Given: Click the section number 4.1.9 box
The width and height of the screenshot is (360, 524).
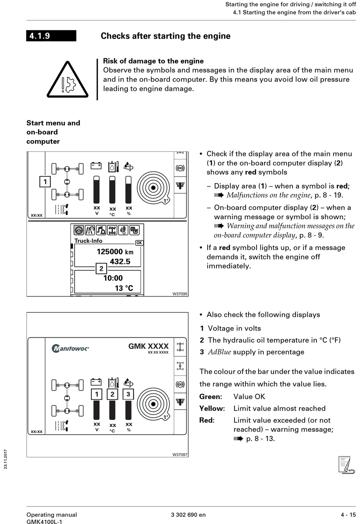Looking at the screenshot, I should pyautogui.click(x=51, y=36).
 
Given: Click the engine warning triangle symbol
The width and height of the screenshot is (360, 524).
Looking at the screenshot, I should pyautogui.click(x=67, y=81).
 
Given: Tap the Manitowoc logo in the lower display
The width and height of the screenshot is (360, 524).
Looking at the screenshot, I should pyautogui.click(x=70, y=348).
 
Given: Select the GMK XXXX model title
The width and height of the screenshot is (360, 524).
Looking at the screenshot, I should pyautogui.click(x=148, y=346).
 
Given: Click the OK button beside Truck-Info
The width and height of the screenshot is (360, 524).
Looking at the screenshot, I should pyautogui.click(x=139, y=243).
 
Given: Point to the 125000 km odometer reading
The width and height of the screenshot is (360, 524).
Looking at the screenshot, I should pyautogui.click(x=115, y=252).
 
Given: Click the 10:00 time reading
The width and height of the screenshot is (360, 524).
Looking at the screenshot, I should pyautogui.click(x=113, y=278).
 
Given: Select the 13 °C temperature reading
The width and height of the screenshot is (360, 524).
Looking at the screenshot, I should pyautogui.click(x=124, y=288).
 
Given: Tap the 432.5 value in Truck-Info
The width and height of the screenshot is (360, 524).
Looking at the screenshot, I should pyautogui.click(x=120, y=262).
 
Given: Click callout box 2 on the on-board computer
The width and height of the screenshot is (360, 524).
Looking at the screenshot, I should pyautogui.click(x=101, y=268).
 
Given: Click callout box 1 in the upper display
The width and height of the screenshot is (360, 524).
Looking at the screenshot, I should pyautogui.click(x=45, y=181).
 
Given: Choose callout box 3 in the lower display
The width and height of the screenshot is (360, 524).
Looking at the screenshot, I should pyautogui.click(x=128, y=394).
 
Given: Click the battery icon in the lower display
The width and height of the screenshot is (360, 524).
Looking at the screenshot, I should pyautogui.click(x=96, y=382).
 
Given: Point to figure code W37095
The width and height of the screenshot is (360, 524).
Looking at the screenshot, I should pyautogui.click(x=180, y=294).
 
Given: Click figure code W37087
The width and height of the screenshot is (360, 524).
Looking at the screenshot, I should pyautogui.click(x=180, y=454).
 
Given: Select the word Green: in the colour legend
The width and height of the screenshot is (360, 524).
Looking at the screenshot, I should pyautogui.click(x=211, y=397).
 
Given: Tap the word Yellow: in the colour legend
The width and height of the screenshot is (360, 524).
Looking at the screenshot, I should pyautogui.click(x=212, y=409).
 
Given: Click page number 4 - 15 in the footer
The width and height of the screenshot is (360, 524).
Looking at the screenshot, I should pyautogui.click(x=348, y=515).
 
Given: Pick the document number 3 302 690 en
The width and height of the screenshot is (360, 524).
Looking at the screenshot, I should pyautogui.click(x=188, y=515).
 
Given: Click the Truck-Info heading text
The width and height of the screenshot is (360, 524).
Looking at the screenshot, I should pyautogui.click(x=88, y=241).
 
